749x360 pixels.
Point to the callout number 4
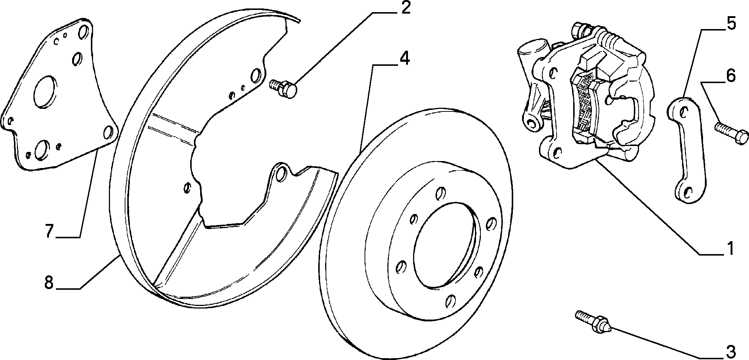tap(404, 59)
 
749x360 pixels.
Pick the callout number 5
tap(731, 24)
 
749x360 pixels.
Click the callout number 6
tap(731, 76)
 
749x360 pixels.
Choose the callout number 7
tap(50, 231)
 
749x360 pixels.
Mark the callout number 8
tap(49, 282)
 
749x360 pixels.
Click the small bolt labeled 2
tap(283, 88)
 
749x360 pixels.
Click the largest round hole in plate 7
tap(45, 93)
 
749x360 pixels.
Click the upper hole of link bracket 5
tap(684, 110)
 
